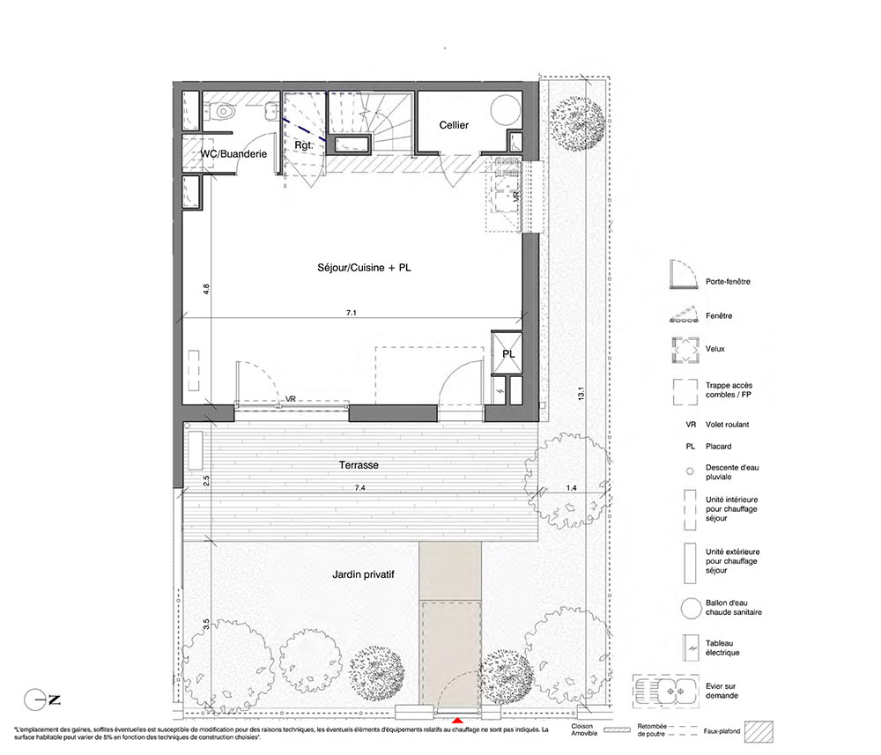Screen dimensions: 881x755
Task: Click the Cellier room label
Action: point(454,125)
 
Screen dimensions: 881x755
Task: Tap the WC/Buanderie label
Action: point(233,154)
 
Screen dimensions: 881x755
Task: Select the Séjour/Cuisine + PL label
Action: point(364,268)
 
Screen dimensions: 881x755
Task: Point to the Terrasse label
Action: point(359,465)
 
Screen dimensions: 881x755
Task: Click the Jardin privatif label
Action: point(363,574)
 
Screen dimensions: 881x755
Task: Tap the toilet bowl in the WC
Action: point(224,111)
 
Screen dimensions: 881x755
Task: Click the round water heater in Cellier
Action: point(506,110)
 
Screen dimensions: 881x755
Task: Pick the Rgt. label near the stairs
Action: point(303,145)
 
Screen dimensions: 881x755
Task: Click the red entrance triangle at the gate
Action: point(458,720)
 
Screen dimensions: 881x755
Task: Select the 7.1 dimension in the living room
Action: point(352,313)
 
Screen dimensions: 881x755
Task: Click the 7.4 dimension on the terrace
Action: point(359,488)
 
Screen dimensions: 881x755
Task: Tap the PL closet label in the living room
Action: point(508,354)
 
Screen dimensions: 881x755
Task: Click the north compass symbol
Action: point(42,700)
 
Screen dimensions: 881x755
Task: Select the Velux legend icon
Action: point(685,351)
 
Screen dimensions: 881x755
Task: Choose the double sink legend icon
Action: point(665,691)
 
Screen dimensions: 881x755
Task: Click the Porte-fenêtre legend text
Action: point(728,281)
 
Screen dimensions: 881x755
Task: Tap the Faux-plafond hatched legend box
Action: point(759,731)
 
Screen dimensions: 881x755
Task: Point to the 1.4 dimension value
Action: point(572,488)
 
